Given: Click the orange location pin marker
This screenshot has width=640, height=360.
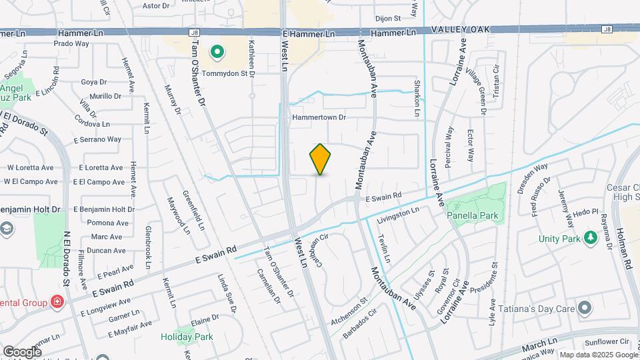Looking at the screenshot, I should coord(321,159).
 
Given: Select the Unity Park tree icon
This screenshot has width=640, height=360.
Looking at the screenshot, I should coord(589,238).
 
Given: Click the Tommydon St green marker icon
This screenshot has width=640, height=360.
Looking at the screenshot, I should coord(217,51).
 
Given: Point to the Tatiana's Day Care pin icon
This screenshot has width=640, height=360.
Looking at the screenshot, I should coord(585,307).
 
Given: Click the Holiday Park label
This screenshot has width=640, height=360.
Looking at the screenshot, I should coord(187,337).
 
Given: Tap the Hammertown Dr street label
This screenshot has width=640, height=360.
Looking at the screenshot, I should coord(320,117).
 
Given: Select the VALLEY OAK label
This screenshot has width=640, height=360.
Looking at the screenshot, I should coord(461,29).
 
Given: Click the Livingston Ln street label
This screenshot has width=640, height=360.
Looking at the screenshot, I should coord(398,215).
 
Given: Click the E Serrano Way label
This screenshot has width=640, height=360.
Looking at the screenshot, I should coord(100,139).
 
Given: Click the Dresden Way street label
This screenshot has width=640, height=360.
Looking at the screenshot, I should coord(532,178).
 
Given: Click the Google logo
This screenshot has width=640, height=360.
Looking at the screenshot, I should coord(22,351).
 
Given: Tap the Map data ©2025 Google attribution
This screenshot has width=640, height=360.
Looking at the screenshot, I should coord(597,355).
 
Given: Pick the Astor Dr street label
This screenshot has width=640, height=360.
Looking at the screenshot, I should coord(157,5).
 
